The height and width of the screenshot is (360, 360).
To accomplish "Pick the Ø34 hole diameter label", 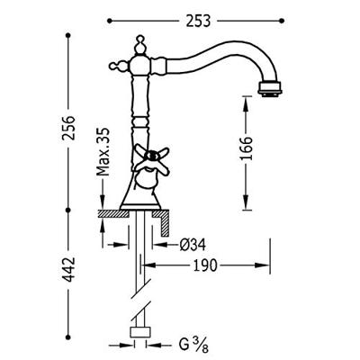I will [x=194, y=243].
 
